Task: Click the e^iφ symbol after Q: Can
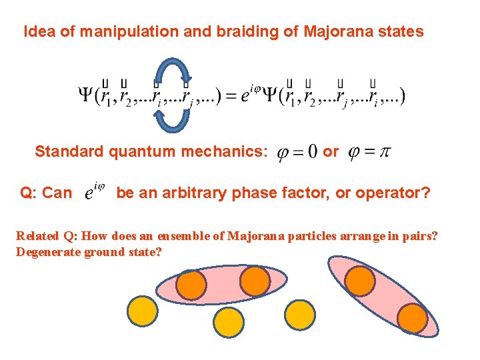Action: [x=95, y=193]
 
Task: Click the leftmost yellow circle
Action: [x=142, y=310]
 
